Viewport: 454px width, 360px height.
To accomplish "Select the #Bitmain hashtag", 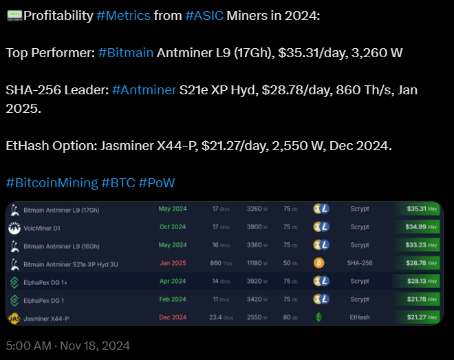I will point(126,53).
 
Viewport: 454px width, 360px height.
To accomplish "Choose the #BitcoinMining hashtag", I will point(52,182).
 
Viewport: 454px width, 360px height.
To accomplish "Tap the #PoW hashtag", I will point(157,182).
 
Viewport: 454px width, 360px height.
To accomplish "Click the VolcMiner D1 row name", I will point(43,226).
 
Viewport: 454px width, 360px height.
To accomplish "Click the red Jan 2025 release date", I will point(173,263).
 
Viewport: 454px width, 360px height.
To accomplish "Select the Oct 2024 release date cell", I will point(173,226).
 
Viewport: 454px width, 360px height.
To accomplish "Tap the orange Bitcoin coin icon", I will point(318,263).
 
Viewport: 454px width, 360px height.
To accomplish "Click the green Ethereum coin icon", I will point(318,317).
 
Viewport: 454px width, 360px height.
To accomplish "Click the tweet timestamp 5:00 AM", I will point(29,346).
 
